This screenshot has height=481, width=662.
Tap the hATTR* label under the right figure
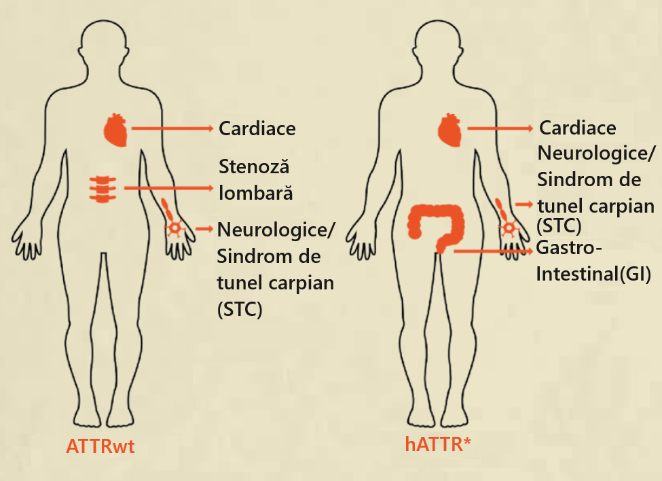(438, 444)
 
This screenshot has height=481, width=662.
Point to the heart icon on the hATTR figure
(450, 129)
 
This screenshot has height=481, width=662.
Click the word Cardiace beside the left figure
(257, 128)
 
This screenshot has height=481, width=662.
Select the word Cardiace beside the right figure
(577, 128)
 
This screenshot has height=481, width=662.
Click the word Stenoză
(249, 167)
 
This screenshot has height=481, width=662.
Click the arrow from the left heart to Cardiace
(172, 128)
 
